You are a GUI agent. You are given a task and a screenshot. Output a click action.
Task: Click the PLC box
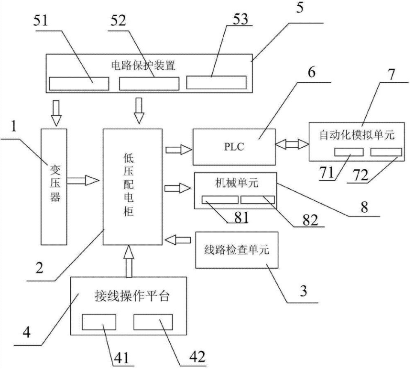click(x=234, y=147)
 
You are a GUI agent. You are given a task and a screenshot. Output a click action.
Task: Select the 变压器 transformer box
click(x=55, y=186)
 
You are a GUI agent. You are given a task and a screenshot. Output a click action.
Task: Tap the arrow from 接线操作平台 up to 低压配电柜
click(x=129, y=261)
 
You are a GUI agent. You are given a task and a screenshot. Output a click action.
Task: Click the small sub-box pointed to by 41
click(x=99, y=322)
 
